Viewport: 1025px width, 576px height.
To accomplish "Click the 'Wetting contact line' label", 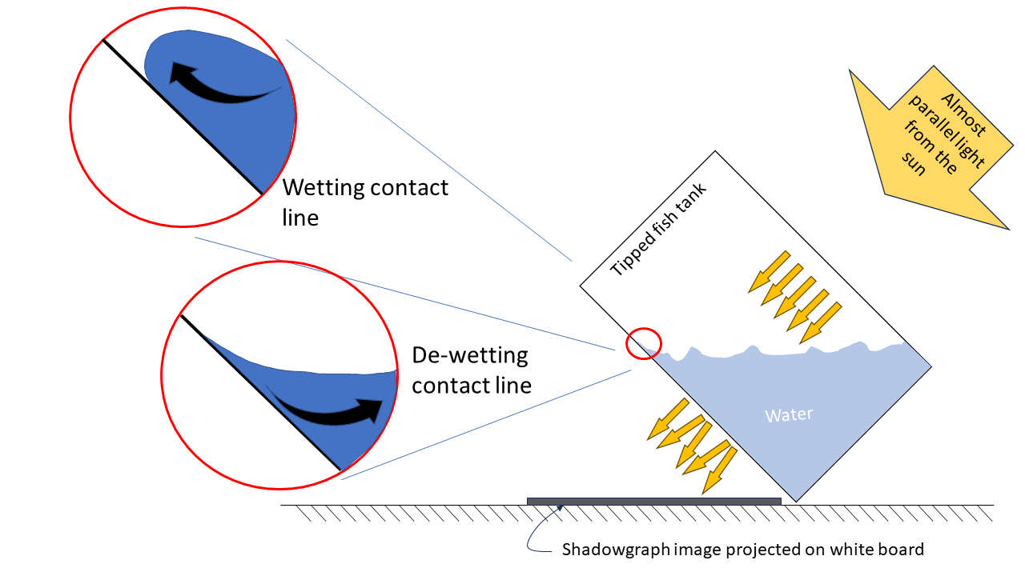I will [x=365, y=202].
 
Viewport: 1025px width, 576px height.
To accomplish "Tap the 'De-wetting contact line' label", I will [x=471, y=370].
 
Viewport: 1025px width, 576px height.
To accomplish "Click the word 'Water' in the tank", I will [x=789, y=415].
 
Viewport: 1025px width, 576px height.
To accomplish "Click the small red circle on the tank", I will [x=643, y=343].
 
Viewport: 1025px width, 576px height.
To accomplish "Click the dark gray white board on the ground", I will [x=653, y=501].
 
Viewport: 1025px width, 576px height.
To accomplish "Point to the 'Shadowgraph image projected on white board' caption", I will [x=742, y=550].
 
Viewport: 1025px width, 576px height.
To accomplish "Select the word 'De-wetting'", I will [x=470, y=355].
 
